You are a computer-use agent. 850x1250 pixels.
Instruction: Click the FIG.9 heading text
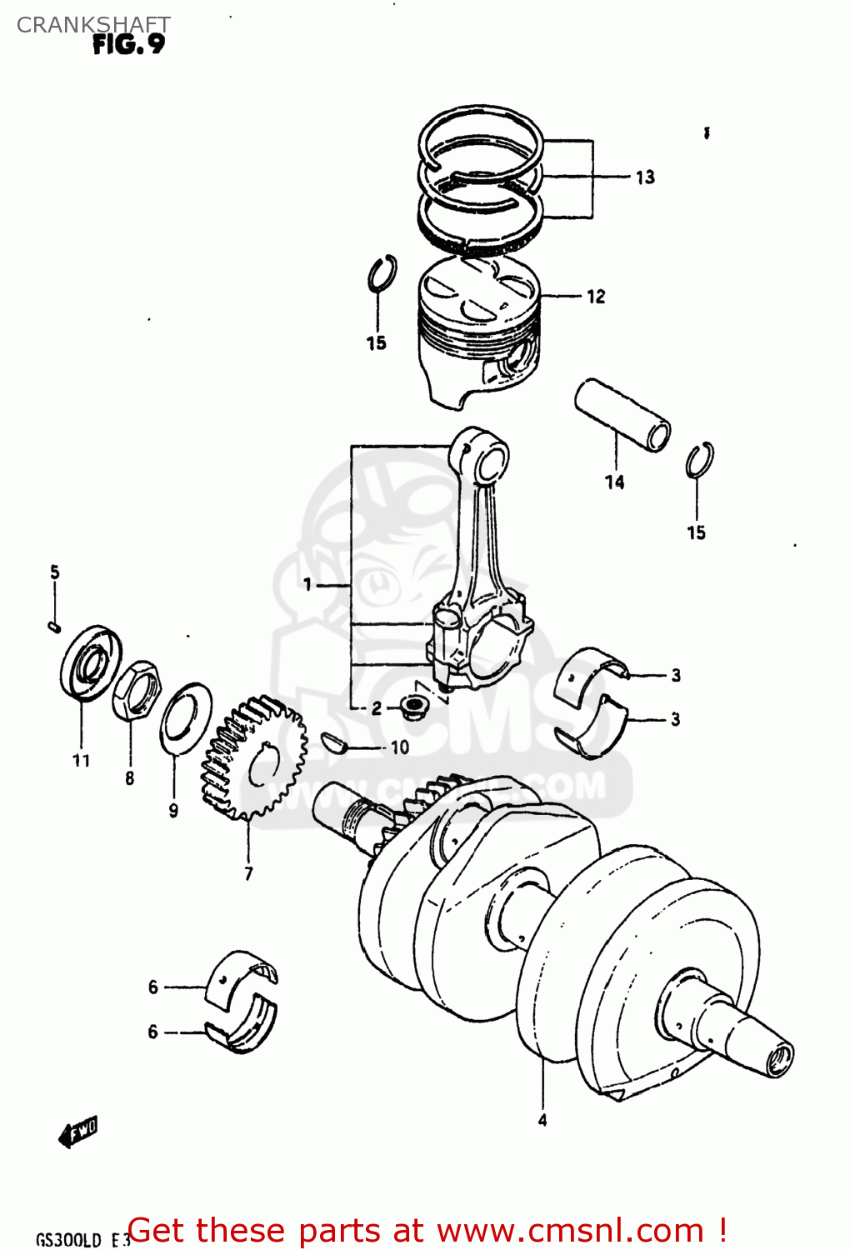[x=128, y=44]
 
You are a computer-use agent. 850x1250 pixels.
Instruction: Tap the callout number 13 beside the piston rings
[x=645, y=177]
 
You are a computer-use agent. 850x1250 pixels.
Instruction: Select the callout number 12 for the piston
[x=596, y=297]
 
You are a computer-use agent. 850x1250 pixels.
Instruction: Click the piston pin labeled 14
[x=622, y=414]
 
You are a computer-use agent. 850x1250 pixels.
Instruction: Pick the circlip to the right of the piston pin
[x=699, y=460]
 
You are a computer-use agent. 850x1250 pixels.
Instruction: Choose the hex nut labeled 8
[x=136, y=691]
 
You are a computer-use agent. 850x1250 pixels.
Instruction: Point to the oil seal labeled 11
[x=90, y=661]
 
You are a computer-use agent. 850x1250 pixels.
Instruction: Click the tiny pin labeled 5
[x=55, y=626]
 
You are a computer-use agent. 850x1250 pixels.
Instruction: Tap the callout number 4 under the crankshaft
[x=542, y=1120]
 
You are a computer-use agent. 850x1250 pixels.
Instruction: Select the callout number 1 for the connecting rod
[x=307, y=584]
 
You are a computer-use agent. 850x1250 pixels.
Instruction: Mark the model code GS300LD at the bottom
[x=68, y=1239]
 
